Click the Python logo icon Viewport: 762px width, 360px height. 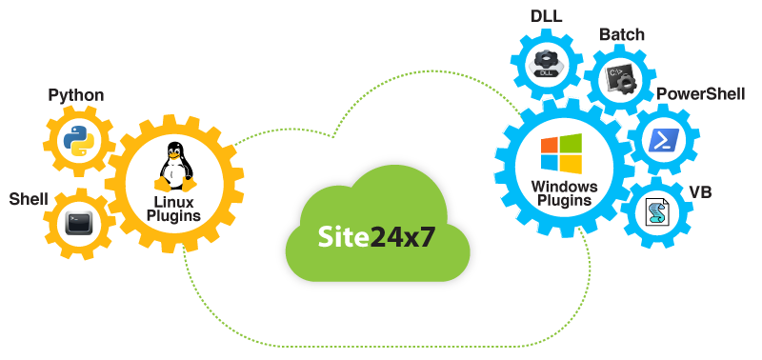[x=75, y=141]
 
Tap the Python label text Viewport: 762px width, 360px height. [x=75, y=95]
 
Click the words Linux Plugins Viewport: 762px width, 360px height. [x=173, y=210]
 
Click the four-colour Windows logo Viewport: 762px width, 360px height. [x=561, y=154]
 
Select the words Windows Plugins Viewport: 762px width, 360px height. [x=564, y=193]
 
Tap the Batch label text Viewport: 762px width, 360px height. [x=621, y=35]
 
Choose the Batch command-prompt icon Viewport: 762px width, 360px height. [x=619, y=79]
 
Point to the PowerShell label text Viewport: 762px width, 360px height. [x=695, y=95]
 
